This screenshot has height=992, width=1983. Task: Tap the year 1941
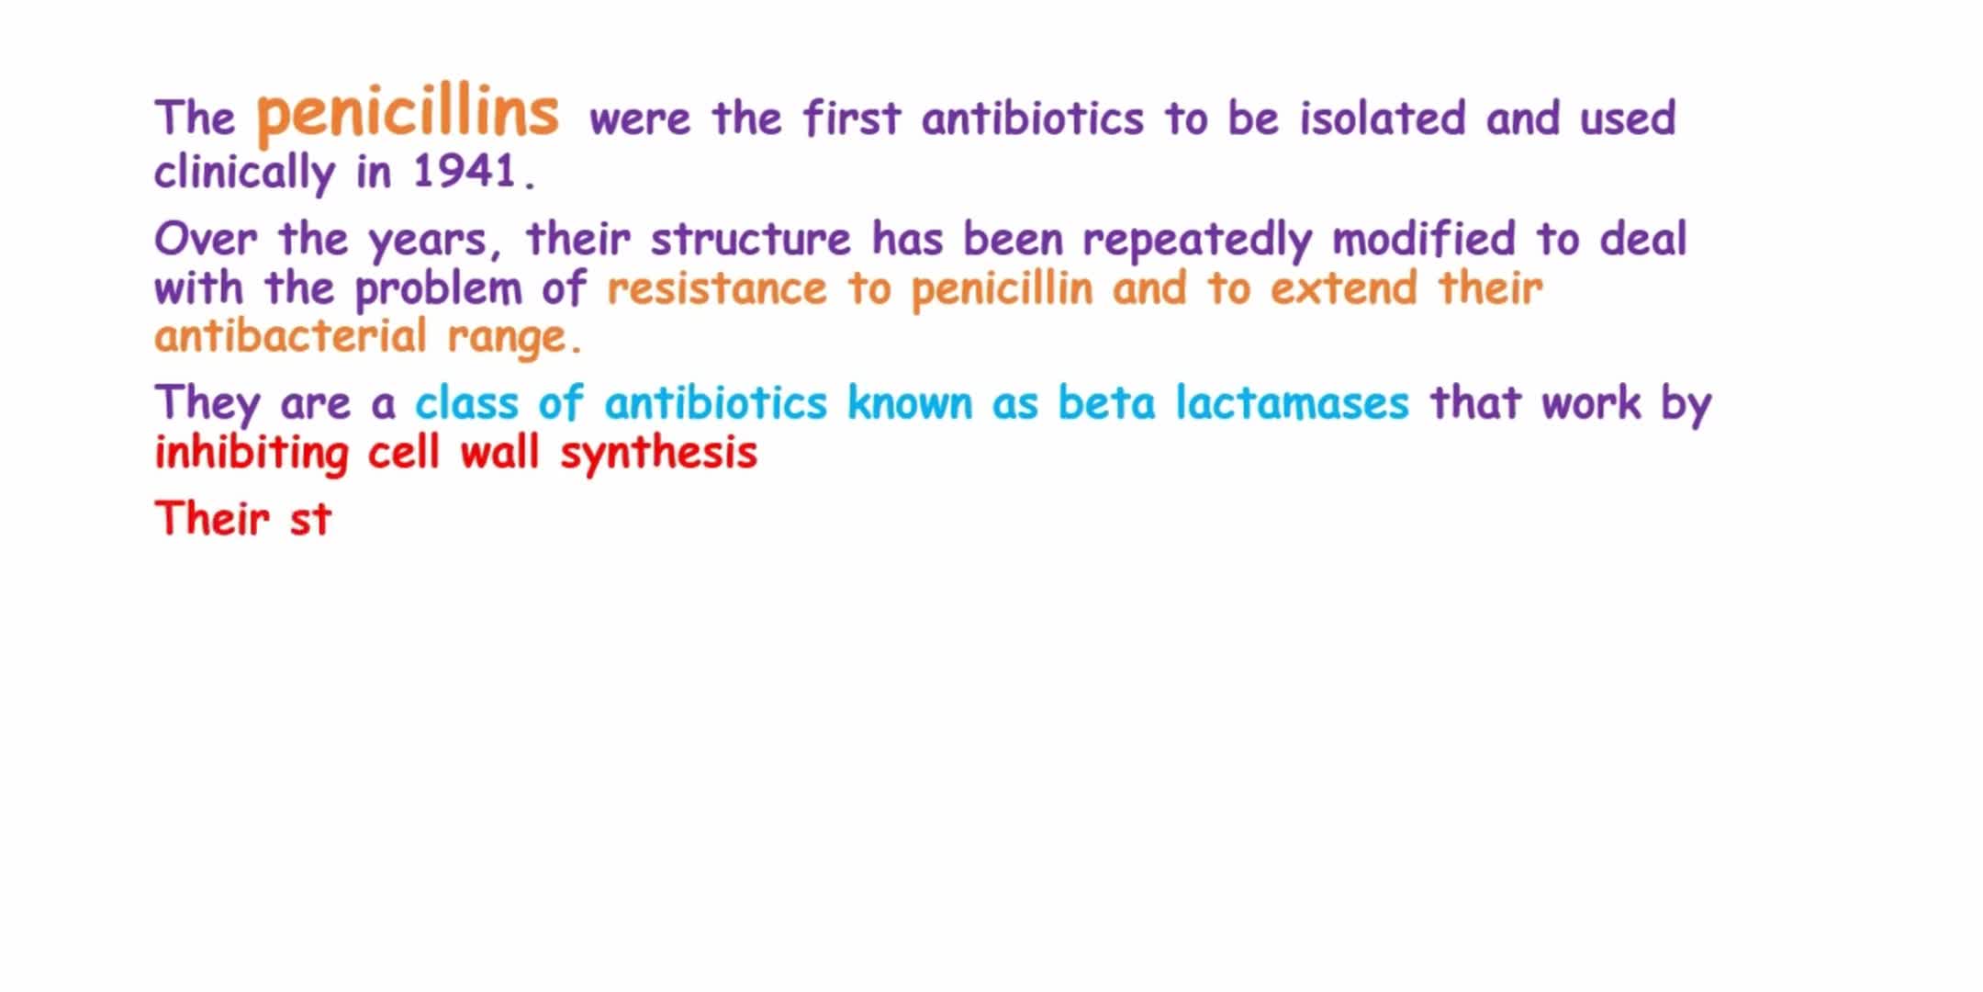465,171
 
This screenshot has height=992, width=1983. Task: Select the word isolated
1383,118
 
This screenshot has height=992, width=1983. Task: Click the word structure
751,240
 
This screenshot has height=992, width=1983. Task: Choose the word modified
1424,239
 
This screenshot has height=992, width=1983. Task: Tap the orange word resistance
717,289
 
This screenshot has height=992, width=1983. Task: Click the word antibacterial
291,336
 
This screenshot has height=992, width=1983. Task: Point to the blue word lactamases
1292,403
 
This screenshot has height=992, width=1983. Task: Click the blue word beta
1106,403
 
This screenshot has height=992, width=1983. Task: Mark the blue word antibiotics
716,403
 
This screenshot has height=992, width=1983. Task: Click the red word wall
499,453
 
